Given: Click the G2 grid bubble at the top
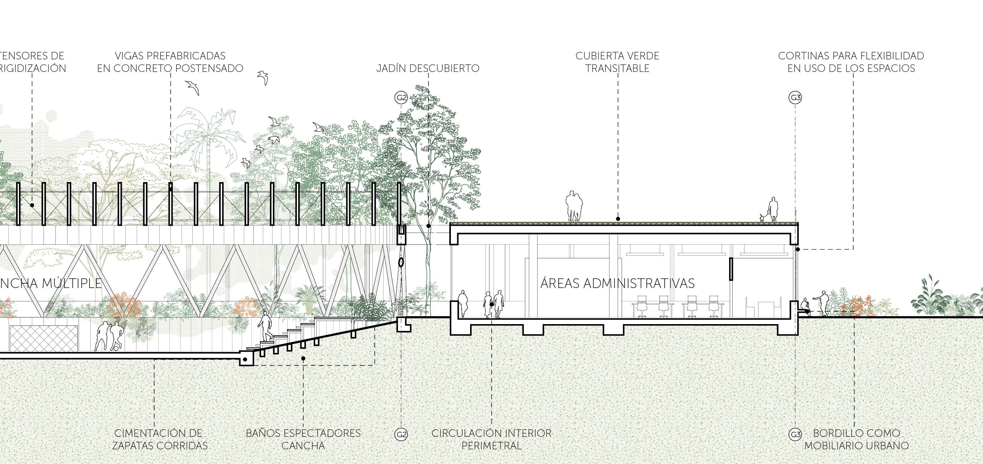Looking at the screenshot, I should [x=401, y=98].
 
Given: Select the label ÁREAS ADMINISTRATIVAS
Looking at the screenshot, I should [x=617, y=284].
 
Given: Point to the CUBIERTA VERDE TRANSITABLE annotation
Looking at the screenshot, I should [x=617, y=62].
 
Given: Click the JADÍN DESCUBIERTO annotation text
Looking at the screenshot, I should [x=428, y=68].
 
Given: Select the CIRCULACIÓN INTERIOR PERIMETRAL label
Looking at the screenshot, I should [x=491, y=439].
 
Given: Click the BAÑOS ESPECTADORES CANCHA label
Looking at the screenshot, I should [x=303, y=439].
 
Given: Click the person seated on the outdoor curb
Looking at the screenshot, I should [x=805, y=306].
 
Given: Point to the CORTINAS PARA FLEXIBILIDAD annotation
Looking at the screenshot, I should [x=851, y=62].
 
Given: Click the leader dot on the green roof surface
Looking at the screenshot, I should [x=618, y=219].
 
